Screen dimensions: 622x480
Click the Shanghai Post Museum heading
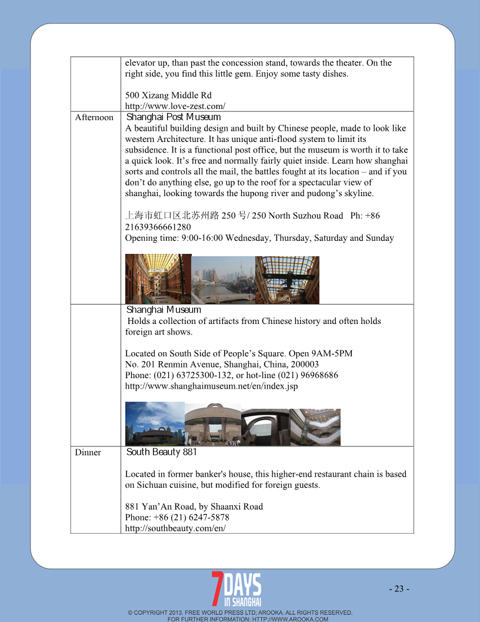tap(174, 117)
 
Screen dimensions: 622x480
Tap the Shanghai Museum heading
tap(164, 310)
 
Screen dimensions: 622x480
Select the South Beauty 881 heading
tap(162, 452)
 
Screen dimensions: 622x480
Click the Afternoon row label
tap(94, 118)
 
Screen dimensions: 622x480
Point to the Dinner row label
tap(88, 452)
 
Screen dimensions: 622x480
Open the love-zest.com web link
tap(175, 106)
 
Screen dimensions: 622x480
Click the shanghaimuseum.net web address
tap(211, 386)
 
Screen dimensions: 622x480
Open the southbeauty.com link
tap(175, 528)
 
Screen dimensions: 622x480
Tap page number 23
tap(399, 588)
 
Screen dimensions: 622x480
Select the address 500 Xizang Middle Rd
tap(168, 95)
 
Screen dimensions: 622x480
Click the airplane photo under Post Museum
tap(287, 280)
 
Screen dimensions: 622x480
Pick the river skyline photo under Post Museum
tap(223, 280)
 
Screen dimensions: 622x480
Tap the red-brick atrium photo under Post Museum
tap(158, 279)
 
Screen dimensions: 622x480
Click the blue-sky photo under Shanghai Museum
tap(154, 424)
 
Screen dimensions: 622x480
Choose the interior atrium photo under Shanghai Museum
tap(315, 427)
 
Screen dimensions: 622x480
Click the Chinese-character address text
tap(172, 216)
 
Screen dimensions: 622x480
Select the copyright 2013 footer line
tap(240, 613)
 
